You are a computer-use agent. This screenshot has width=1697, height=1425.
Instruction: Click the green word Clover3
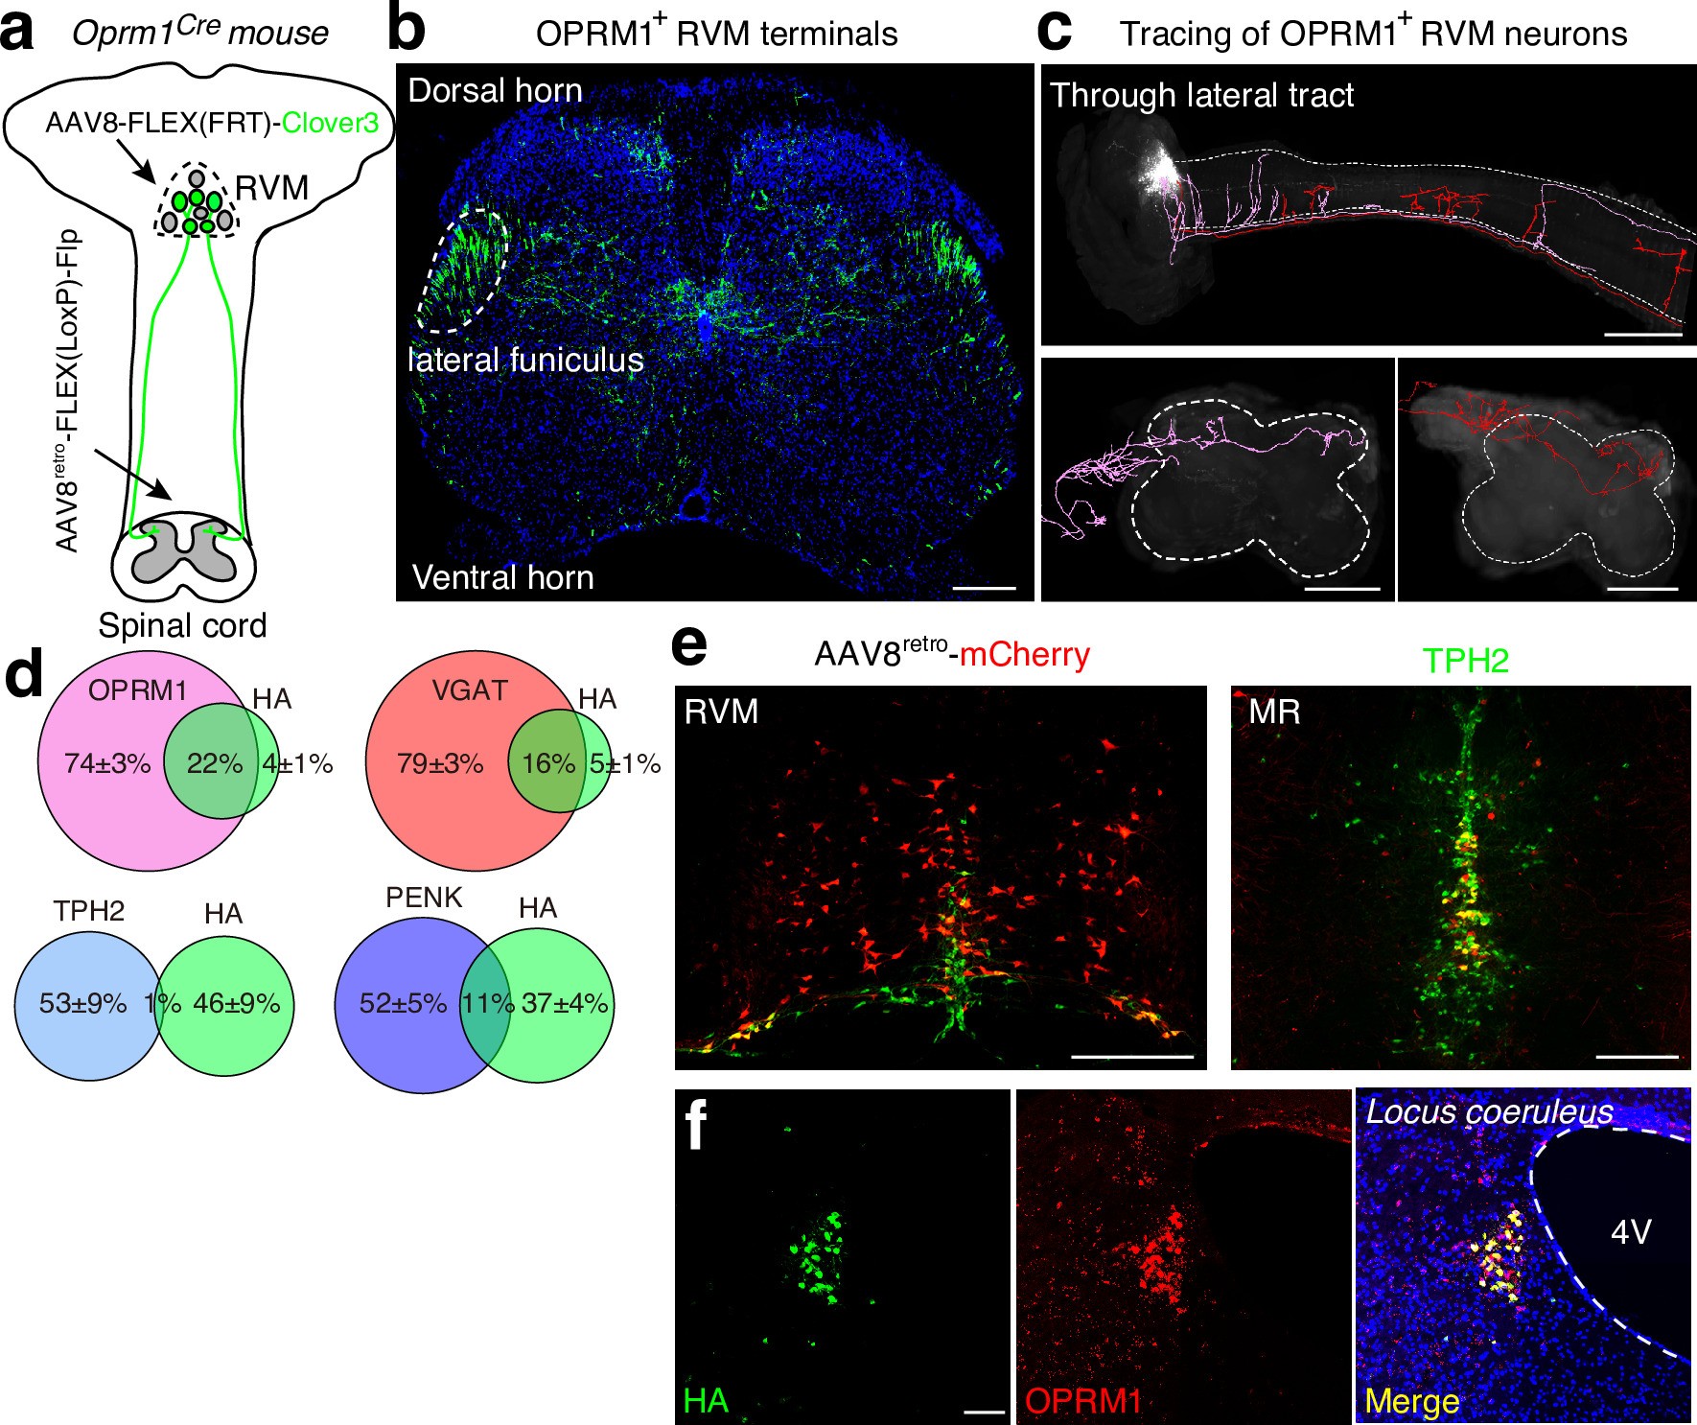pos(330,123)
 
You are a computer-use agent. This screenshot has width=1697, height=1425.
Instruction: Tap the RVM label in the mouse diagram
pos(271,189)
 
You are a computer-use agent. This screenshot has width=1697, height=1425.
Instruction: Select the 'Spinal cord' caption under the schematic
pos(182,625)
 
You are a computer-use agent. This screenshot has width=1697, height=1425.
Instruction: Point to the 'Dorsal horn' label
pos(495,91)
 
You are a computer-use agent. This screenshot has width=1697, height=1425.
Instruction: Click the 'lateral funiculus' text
pos(525,361)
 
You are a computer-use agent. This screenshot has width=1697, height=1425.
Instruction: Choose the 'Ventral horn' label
pos(502,577)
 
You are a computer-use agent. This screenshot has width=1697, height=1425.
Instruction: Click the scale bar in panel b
pos(985,587)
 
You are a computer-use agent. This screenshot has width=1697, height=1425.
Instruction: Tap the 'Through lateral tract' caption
pos(1201,95)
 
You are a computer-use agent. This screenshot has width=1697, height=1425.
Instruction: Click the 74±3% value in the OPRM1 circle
pos(107,764)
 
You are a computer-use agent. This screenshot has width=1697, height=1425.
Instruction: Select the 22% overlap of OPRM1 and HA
pos(214,764)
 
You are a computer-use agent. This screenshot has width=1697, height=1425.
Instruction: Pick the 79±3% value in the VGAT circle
pos(440,764)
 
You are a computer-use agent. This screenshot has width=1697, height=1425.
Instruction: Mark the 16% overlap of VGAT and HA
pos(547,764)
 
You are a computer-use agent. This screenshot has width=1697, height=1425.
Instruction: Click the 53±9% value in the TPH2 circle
pos(82,1004)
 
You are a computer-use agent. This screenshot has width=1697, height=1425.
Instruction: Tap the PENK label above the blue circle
pos(424,898)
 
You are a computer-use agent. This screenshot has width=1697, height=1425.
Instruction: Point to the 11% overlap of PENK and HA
pos(488,1004)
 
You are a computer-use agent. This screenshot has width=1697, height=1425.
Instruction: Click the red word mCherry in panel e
pos(1024,655)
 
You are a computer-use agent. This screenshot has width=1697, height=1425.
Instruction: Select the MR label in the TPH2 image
pos(1274,712)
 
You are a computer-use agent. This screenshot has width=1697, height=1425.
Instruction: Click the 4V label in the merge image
pos(1631,1231)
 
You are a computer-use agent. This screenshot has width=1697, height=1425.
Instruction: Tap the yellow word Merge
pos(1411,1401)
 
